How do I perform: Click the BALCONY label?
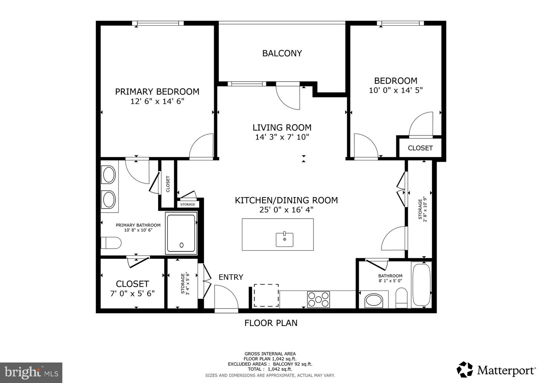coord(282,53)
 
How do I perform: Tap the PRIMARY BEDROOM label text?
coord(157,91)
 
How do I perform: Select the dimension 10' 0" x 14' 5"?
coord(396,90)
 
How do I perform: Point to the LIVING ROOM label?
coord(282,128)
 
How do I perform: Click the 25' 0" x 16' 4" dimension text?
coord(286,210)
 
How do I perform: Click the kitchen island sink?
coord(285,239)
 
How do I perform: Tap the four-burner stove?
coord(318,299)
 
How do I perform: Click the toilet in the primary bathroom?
coord(111,243)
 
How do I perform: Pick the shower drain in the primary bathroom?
coord(182,245)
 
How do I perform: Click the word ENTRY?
coord(231,277)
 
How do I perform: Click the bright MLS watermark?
coord(31,372)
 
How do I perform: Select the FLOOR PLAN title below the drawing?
coord(271,323)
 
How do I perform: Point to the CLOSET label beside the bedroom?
coord(420,148)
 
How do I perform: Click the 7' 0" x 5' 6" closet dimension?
coord(132,293)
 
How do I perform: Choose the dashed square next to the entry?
coord(266,295)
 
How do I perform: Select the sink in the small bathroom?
coord(374,301)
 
